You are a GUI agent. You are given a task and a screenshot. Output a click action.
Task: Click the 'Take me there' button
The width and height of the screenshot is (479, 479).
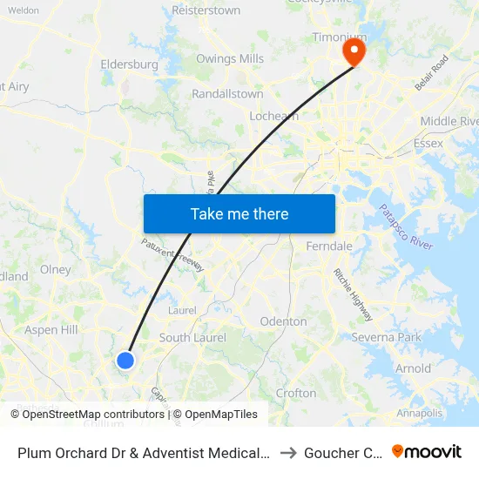point(239,213)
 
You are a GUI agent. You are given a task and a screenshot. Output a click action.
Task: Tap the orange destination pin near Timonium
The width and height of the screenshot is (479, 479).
point(354,51)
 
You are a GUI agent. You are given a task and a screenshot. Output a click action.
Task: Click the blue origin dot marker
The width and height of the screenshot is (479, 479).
point(125,360)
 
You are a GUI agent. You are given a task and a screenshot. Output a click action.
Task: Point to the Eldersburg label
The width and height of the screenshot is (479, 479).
point(129,64)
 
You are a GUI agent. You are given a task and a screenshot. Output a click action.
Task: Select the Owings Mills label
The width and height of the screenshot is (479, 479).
point(229,59)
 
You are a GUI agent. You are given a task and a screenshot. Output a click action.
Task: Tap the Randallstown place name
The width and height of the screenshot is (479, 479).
point(226,93)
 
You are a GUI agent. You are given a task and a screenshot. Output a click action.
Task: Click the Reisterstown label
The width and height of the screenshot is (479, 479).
point(206,11)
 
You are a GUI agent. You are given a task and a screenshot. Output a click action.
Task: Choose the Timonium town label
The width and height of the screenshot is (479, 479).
point(339,38)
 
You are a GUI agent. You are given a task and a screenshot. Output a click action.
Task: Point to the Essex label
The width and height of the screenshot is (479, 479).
point(428,143)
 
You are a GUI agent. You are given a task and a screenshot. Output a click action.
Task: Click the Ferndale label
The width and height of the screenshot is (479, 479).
point(329,246)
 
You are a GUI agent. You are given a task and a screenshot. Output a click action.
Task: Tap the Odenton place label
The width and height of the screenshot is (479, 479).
point(284,321)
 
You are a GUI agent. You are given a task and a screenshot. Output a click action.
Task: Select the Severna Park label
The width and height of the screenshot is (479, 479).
point(386,337)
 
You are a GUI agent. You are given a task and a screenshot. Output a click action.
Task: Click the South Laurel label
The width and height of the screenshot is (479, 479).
point(192,338)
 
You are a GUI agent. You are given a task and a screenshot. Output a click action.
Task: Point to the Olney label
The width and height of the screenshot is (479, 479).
point(56,270)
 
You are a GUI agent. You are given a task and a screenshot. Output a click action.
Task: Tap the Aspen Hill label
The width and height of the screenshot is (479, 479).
point(51,330)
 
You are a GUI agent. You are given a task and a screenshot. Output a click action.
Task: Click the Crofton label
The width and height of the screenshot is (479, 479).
point(296,393)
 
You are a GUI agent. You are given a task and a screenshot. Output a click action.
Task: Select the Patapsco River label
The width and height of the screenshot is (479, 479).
point(405,227)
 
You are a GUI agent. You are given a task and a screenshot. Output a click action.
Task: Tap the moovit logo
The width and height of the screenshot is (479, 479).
point(427,451)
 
